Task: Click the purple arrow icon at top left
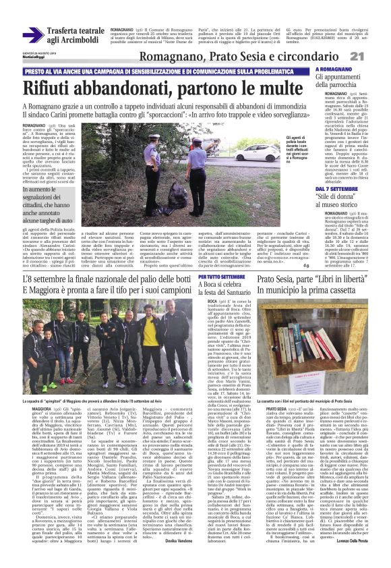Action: pyautogui.click(x=32, y=34)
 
